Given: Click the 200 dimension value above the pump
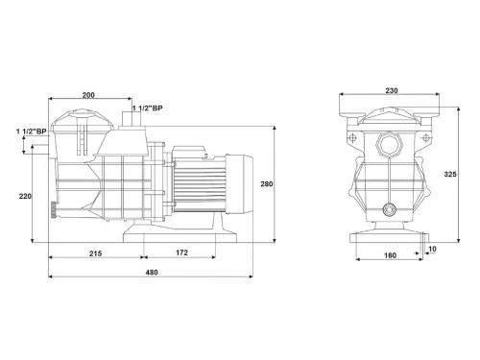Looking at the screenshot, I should [x=88, y=97].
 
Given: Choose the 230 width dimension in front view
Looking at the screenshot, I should [x=391, y=90].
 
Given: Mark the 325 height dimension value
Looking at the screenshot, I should [x=465, y=175].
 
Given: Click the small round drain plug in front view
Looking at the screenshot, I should [x=391, y=209].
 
